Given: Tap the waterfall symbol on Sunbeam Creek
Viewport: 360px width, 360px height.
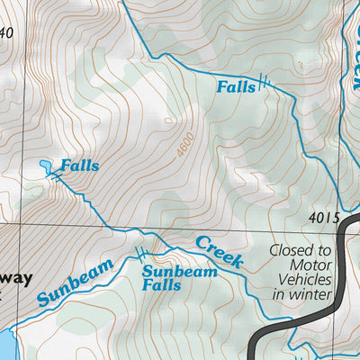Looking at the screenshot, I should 139,252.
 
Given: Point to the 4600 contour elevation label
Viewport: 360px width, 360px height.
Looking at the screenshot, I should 186,146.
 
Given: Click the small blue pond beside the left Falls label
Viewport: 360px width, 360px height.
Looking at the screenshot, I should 45,166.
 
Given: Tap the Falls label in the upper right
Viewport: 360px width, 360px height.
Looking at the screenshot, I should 235,87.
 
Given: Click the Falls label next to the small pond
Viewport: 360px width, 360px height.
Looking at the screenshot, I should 79,166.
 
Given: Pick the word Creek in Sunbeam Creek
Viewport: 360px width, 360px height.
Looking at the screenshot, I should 219,251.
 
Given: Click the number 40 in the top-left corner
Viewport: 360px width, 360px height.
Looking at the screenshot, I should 7,34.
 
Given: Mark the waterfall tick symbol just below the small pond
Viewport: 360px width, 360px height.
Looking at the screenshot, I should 58,178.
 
